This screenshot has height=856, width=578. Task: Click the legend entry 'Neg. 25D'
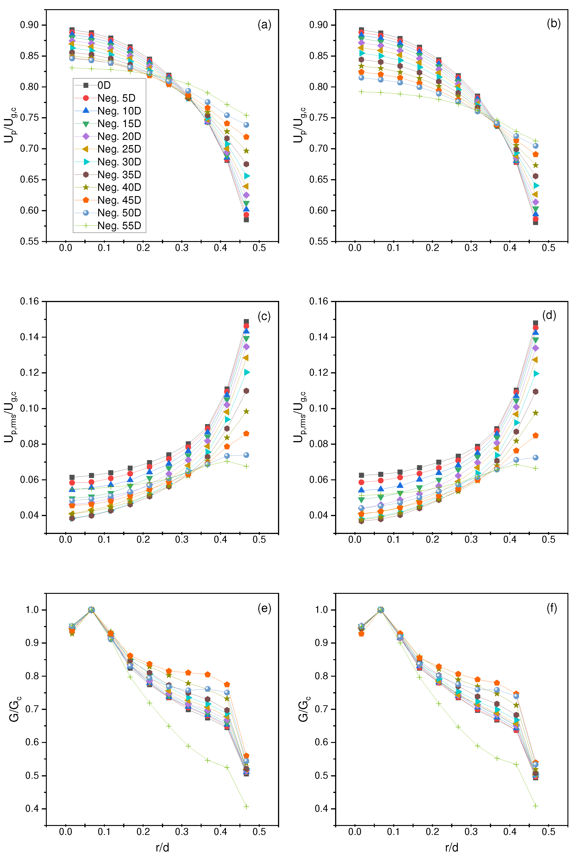tap(119, 149)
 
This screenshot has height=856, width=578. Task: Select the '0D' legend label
tap(104, 86)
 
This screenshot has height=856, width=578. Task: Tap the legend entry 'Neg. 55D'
tap(119, 226)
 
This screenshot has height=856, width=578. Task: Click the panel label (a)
tap(264, 25)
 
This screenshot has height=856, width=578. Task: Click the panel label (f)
tap(551, 609)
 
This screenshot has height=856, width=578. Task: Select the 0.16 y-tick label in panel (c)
tap(29, 301)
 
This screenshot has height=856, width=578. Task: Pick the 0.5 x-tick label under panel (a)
tap(259, 248)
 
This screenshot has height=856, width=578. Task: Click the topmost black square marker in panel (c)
tap(246, 322)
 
